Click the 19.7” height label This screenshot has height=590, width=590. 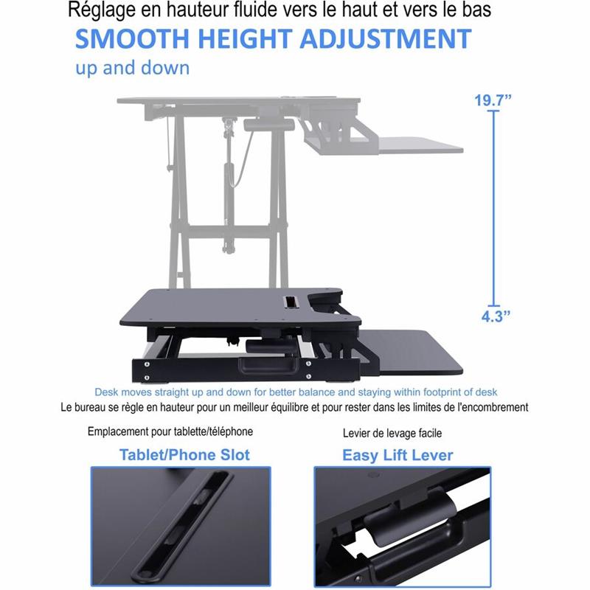point(493,100)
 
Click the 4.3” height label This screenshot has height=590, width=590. point(496,316)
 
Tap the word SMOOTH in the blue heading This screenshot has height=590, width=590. point(132,39)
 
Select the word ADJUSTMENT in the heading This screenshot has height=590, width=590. point(385,39)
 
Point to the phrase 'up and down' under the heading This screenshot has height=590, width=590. point(133,69)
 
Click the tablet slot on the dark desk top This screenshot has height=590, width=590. point(290,302)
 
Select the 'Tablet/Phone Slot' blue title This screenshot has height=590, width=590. point(184,455)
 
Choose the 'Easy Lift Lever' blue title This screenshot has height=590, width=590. point(398,455)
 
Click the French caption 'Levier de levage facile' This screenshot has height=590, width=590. point(392,433)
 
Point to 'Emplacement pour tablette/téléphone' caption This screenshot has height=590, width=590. point(170,431)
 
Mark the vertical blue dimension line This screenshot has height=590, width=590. point(493,208)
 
